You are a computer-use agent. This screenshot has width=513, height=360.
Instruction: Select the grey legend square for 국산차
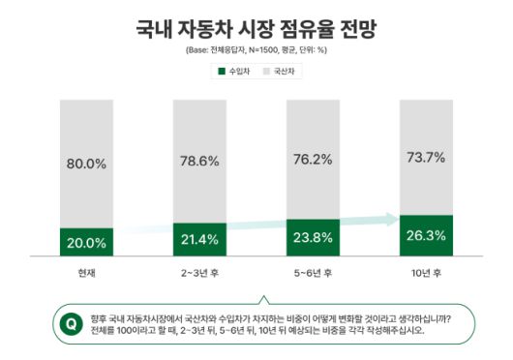point(265,71)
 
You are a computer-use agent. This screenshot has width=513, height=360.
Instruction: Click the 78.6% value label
point(198,160)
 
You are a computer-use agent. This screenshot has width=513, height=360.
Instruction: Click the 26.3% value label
point(425,234)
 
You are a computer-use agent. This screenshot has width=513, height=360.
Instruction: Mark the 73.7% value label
point(425,155)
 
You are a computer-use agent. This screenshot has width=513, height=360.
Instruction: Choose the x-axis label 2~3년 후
point(198,274)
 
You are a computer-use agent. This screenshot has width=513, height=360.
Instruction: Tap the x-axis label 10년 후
point(425,274)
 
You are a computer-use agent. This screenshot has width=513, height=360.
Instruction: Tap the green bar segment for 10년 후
point(425,235)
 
